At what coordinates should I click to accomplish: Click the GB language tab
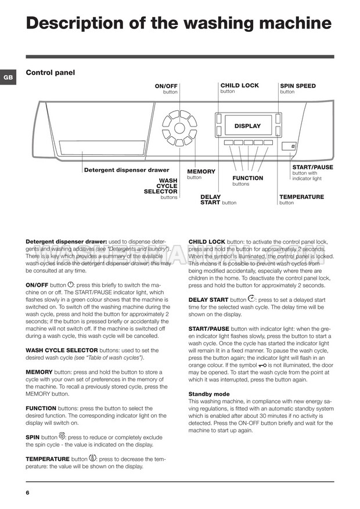(x=8, y=77)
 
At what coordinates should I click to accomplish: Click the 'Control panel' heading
(x=51, y=73)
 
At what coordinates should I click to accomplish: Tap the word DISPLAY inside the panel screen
(x=247, y=126)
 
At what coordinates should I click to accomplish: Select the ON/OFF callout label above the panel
(x=166, y=86)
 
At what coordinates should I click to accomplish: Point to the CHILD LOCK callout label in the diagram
(x=239, y=85)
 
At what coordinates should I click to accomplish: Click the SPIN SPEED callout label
(x=297, y=86)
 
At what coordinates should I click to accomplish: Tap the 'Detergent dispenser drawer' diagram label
(x=127, y=170)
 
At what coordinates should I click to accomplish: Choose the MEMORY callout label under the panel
(x=201, y=171)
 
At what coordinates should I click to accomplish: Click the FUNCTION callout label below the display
(x=247, y=178)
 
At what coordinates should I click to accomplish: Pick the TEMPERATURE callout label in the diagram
(x=301, y=197)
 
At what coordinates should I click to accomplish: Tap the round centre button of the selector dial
(x=179, y=128)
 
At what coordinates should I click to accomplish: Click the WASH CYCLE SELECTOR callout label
(x=161, y=186)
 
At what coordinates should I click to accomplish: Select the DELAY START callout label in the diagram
(x=210, y=200)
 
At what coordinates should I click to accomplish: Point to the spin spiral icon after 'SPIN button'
(x=62, y=436)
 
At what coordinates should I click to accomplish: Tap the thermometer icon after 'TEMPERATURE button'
(x=92, y=457)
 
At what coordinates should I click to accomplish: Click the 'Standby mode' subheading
(x=209, y=394)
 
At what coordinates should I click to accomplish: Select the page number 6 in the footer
(x=27, y=493)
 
